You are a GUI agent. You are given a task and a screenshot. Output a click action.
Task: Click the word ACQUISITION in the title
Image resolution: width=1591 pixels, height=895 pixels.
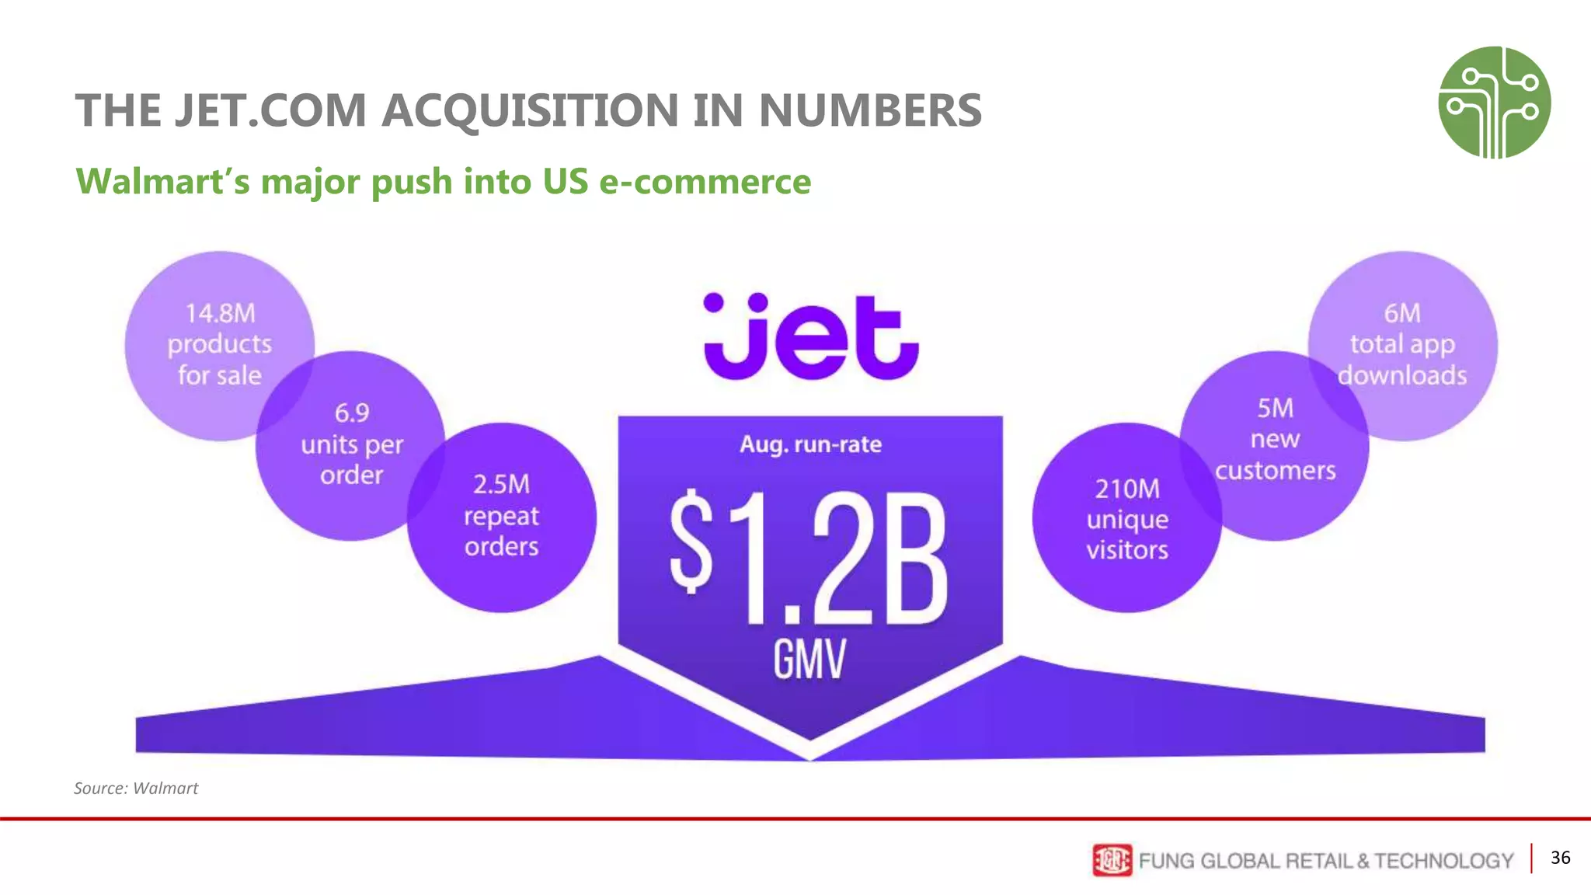pyautogui.click(x=530, y=110)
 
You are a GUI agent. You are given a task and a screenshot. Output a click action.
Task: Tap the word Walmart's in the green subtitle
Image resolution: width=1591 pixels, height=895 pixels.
pyautogui.click(x=163, y=182)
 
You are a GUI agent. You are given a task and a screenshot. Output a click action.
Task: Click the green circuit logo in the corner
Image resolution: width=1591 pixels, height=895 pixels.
pyautogui.click(x=1494, y=103)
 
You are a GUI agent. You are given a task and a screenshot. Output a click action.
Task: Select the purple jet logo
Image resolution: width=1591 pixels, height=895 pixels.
pyautogui.click(x=810, y=337)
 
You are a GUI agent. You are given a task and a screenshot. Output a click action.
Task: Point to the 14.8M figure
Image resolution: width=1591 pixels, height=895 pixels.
pyautogui.click(x=220, y=313)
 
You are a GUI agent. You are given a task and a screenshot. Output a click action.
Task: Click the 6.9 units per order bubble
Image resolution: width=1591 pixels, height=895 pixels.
pyautogui.click(x=351, y=444)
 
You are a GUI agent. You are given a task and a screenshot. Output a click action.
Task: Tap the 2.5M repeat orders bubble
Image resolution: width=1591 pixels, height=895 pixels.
pyautogui.click(x=501, y=516)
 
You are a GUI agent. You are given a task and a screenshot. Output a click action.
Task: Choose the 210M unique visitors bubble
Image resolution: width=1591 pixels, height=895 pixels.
pyautogui.click(x=1126, y=519)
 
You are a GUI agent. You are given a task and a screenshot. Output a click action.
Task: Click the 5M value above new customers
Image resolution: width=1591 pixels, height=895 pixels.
pyautogui.click(x=1275, y=408)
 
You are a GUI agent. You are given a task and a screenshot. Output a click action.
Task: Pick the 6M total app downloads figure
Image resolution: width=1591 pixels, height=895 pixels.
pyautogui.click(x=1402, y=313)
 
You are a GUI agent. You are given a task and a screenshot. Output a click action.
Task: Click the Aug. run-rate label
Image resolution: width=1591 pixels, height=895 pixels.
pyautogui.click(x=810, y=444)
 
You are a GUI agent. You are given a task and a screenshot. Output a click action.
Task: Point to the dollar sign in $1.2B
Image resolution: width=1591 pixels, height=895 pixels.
pyautogui.click(x=691, y=542)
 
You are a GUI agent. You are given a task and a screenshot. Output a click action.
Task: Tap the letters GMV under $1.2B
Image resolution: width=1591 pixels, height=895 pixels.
pyautogui.click(x=809, y=660)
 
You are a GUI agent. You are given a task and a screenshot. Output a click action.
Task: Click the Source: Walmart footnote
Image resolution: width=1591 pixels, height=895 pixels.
pyautogui.click(x=136, y=788)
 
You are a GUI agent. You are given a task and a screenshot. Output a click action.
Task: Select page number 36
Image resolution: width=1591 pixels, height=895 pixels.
pyautogui.click(x=1560, y=858)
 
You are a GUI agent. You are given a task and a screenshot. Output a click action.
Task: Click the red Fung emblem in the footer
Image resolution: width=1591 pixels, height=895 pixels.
pyautogui.click(x=1112, y=860)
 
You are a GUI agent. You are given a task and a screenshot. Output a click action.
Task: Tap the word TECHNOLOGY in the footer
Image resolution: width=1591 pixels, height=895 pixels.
pyautogui.click(x=1443, y=861)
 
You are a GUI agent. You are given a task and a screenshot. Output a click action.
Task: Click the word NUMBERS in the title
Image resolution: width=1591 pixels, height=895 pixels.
pyautogui.click(x=870, y=110)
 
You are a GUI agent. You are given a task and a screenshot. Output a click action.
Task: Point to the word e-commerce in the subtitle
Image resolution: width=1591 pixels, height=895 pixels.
pyautogui.click(x=705, y=182)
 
